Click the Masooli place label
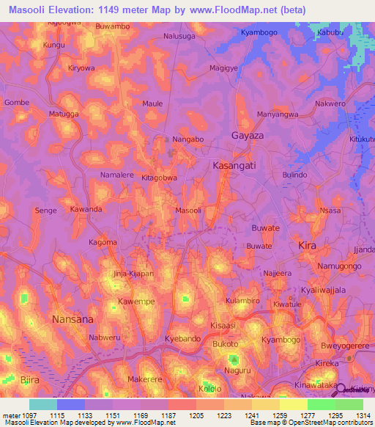tap(188, 211)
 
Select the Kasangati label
tap(234, 167)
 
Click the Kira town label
tap(308, 246)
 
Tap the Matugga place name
tap(63, 114)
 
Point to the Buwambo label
tap(113, 26)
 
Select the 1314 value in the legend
tap(363, 415)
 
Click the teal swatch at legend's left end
tap(42, 404)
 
